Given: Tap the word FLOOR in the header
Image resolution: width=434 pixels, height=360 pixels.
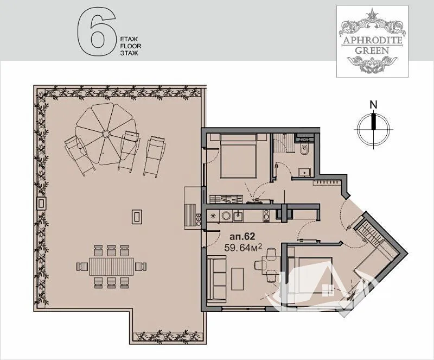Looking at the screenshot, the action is coord(131,46).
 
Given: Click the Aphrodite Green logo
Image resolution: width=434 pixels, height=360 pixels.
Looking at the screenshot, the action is coord(372,41).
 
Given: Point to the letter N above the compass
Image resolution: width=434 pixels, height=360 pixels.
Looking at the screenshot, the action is coord(374,105).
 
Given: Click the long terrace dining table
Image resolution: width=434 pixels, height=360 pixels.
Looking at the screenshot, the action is coord(112,266).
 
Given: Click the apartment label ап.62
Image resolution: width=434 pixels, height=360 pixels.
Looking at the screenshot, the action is coord(242,237).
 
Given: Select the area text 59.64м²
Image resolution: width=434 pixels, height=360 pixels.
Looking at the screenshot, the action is coord(243,247).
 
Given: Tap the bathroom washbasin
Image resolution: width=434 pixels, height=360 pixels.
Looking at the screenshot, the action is coord(304,172).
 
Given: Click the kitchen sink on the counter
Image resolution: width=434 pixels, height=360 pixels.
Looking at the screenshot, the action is coord(238,216).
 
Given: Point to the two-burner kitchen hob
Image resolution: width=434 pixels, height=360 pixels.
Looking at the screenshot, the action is coord(266,216).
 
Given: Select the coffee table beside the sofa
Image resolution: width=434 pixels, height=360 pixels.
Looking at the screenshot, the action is coord(238,279).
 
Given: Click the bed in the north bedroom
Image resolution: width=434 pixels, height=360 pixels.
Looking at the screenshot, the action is coord(238,156).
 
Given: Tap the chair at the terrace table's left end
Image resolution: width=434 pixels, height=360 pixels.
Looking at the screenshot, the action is coord(82,267).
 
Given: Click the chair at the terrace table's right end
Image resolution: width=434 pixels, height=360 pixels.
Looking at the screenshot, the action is coord(141,266).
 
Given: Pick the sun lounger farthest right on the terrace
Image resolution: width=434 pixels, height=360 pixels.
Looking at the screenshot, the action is coord(155,156).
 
